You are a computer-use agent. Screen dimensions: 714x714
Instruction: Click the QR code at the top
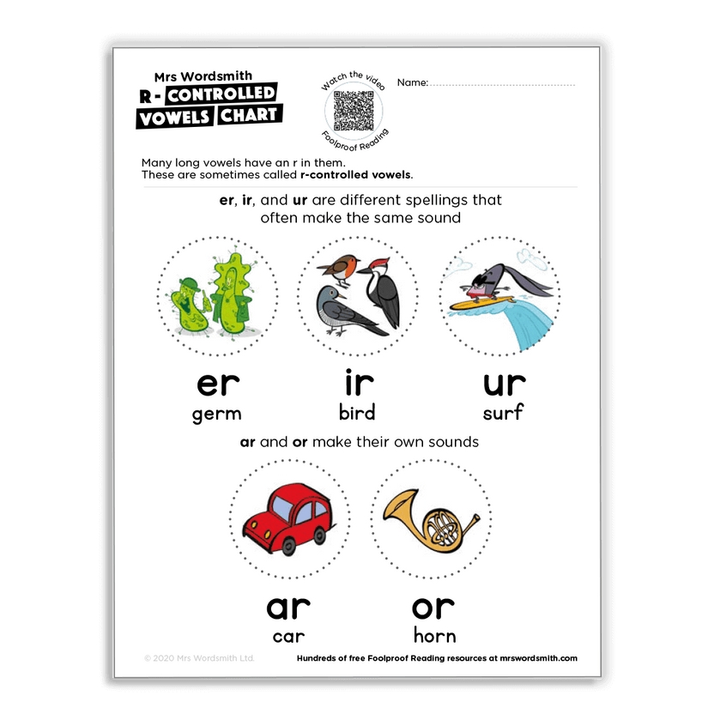355,108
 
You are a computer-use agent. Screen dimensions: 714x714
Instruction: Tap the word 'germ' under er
216,414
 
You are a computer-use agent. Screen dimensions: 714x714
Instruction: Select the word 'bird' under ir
357,413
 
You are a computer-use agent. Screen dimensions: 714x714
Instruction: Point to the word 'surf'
503,413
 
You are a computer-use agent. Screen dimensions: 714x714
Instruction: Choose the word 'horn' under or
433,636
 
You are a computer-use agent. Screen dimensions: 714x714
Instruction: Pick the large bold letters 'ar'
288,607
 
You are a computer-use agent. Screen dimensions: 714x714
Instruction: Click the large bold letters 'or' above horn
433,607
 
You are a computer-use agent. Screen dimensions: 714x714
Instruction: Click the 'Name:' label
412,83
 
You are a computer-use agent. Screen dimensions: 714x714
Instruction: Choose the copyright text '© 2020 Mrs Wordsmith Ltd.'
199,659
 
